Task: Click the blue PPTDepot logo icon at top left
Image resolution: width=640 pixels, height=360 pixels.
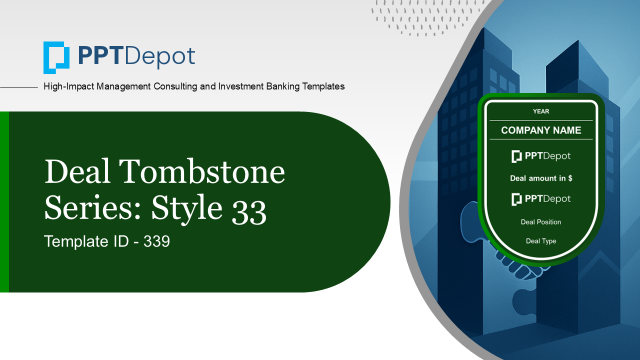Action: pos(56,57)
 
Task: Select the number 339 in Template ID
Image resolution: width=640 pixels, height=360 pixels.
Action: pos(156,241)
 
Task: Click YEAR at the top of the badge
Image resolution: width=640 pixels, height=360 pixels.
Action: pos(541,111)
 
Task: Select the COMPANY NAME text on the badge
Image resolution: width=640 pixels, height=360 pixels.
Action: pos(541,130)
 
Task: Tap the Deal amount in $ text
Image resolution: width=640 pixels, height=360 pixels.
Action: pos(541,178)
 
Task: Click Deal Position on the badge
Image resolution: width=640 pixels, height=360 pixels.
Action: pos(541,222)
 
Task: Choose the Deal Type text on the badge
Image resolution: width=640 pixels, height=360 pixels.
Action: pos(541,241)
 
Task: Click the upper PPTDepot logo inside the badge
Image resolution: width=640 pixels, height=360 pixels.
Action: pos(541,156)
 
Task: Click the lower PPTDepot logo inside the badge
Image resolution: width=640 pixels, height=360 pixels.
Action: pos(541,199)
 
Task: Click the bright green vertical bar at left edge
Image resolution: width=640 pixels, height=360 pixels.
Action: pos(4,202)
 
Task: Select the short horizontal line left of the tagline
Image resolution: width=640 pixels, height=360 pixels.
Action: pos(19,87)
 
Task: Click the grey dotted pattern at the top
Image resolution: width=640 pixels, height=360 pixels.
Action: pos(425,17)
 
